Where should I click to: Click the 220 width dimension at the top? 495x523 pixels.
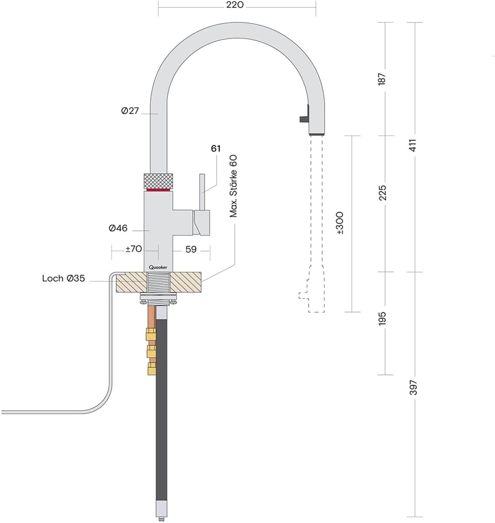(x=235, y=6)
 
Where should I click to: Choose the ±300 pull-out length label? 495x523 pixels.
(x=340, y=223)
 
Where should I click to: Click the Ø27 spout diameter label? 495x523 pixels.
(x=130, y=111)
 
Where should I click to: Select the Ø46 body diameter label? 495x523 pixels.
(x=118, y=228)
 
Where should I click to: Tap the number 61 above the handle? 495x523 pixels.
(x=216, y=149)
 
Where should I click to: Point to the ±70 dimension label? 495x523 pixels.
(x=134, y=249)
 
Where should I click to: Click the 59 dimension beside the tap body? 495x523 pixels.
(x=191, y=249)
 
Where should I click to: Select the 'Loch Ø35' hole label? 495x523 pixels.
(x=63, y=278)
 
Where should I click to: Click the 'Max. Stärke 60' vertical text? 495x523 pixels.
(x=234, y=186)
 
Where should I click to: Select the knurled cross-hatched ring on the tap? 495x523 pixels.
(x=159, y=180)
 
